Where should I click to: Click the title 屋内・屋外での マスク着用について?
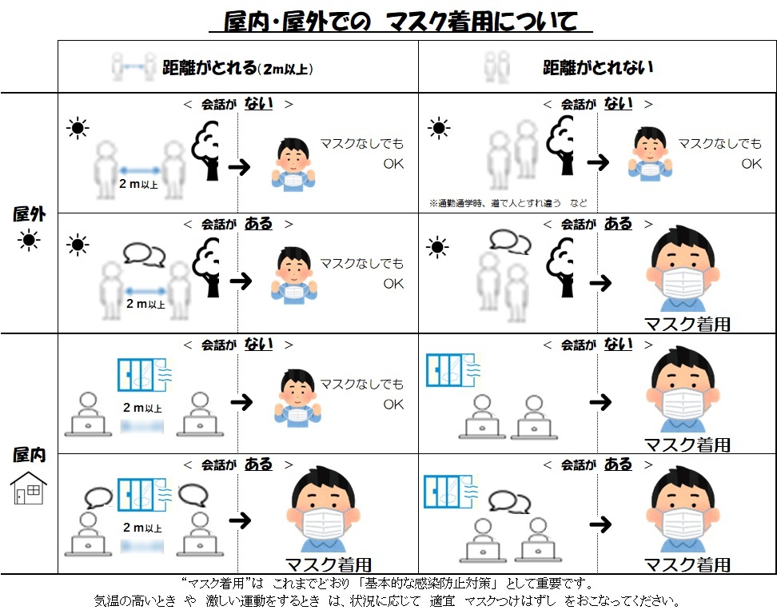pos(400,22)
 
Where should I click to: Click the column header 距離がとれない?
pos(598,67)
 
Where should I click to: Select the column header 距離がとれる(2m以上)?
pos(238,67)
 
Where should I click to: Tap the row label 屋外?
pos(30,214)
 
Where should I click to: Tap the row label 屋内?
pos(30,454)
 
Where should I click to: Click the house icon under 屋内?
pos(29,488)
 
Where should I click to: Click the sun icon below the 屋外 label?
pos(29,241)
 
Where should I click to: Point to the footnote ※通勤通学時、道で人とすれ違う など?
pos(508,203)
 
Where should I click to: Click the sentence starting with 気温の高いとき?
pos(386,600)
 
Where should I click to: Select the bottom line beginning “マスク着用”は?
pos(387,583)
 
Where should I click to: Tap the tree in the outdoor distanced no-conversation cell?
pos(205,150)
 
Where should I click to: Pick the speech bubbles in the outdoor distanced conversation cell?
pos(144,255)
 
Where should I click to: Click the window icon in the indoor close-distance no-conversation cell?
pos(452,370)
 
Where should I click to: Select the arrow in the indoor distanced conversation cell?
pos(241,520)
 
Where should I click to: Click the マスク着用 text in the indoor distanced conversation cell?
pos(329,564)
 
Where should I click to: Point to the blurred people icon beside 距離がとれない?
pos(497,67)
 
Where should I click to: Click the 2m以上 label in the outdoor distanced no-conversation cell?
pos(138,184)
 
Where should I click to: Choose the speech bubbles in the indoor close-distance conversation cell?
pos(509,502)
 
